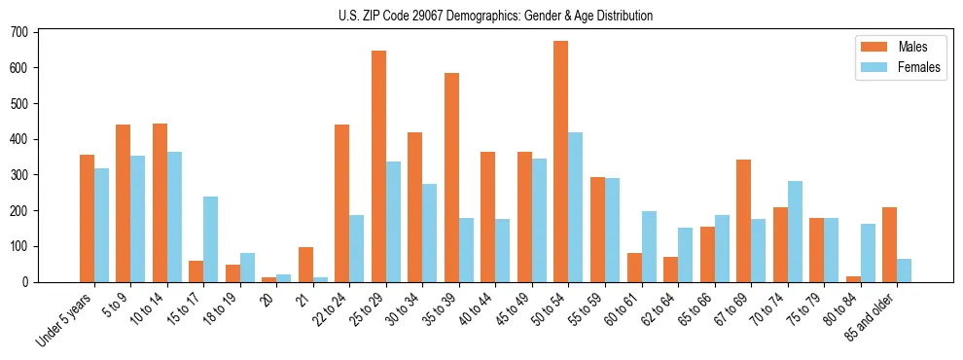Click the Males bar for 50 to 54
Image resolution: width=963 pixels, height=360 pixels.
[561, 162]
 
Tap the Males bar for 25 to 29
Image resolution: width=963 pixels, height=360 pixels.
[378, 166]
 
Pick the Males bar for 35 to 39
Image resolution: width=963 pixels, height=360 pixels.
[451, 177]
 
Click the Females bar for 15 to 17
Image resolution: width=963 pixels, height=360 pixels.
[211, 239]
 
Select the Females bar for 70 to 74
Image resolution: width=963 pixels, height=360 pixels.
[795, 232]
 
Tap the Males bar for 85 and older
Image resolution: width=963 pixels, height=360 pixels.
[889, 244]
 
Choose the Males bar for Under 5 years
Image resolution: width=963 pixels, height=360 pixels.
[87, 218]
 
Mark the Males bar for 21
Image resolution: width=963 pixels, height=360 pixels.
[305, 265]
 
